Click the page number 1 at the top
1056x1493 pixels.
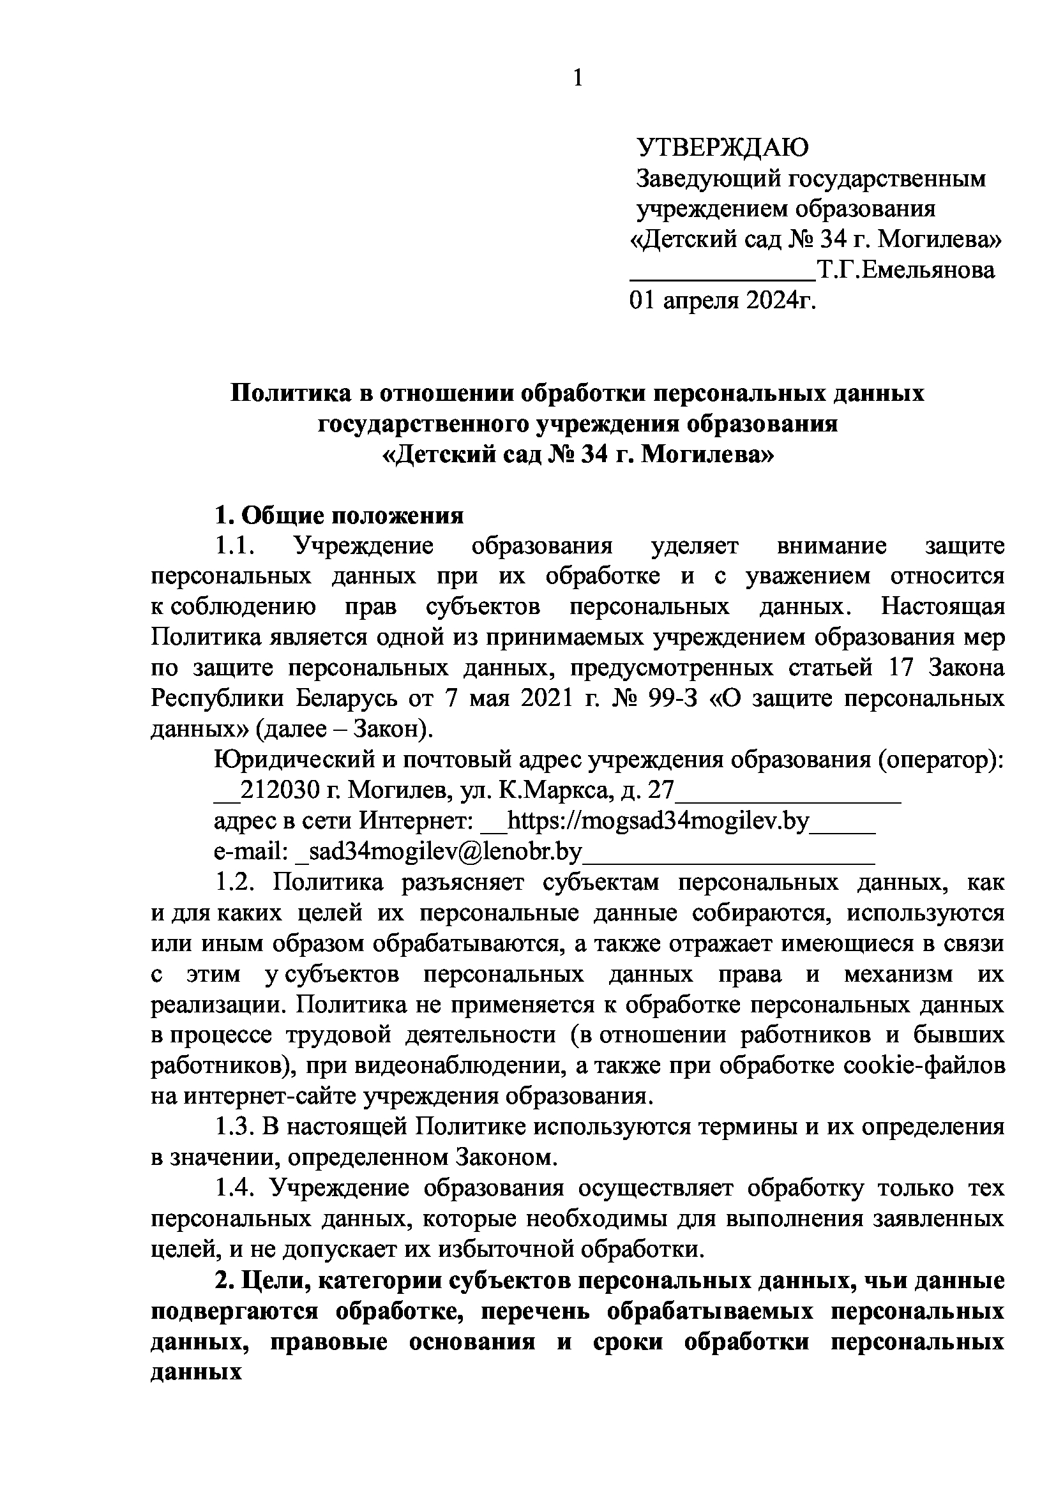(577, 79)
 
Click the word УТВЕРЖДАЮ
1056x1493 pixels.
(723, 147)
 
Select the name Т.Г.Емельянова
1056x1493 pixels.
(906, 270)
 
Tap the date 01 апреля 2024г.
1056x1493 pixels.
(722, 301)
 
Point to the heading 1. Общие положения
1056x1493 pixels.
(339, 516)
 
